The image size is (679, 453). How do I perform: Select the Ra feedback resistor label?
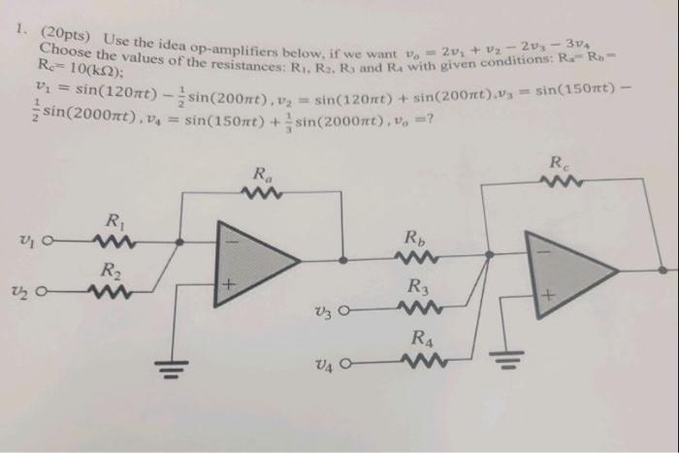[262, 175]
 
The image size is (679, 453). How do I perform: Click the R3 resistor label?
[417, 287]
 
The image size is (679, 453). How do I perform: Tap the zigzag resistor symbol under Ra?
[264, 194]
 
